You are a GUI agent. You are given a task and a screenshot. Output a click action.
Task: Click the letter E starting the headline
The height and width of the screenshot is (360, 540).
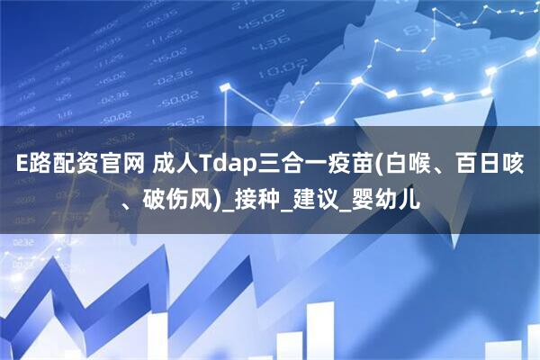[x=20, y=164]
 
